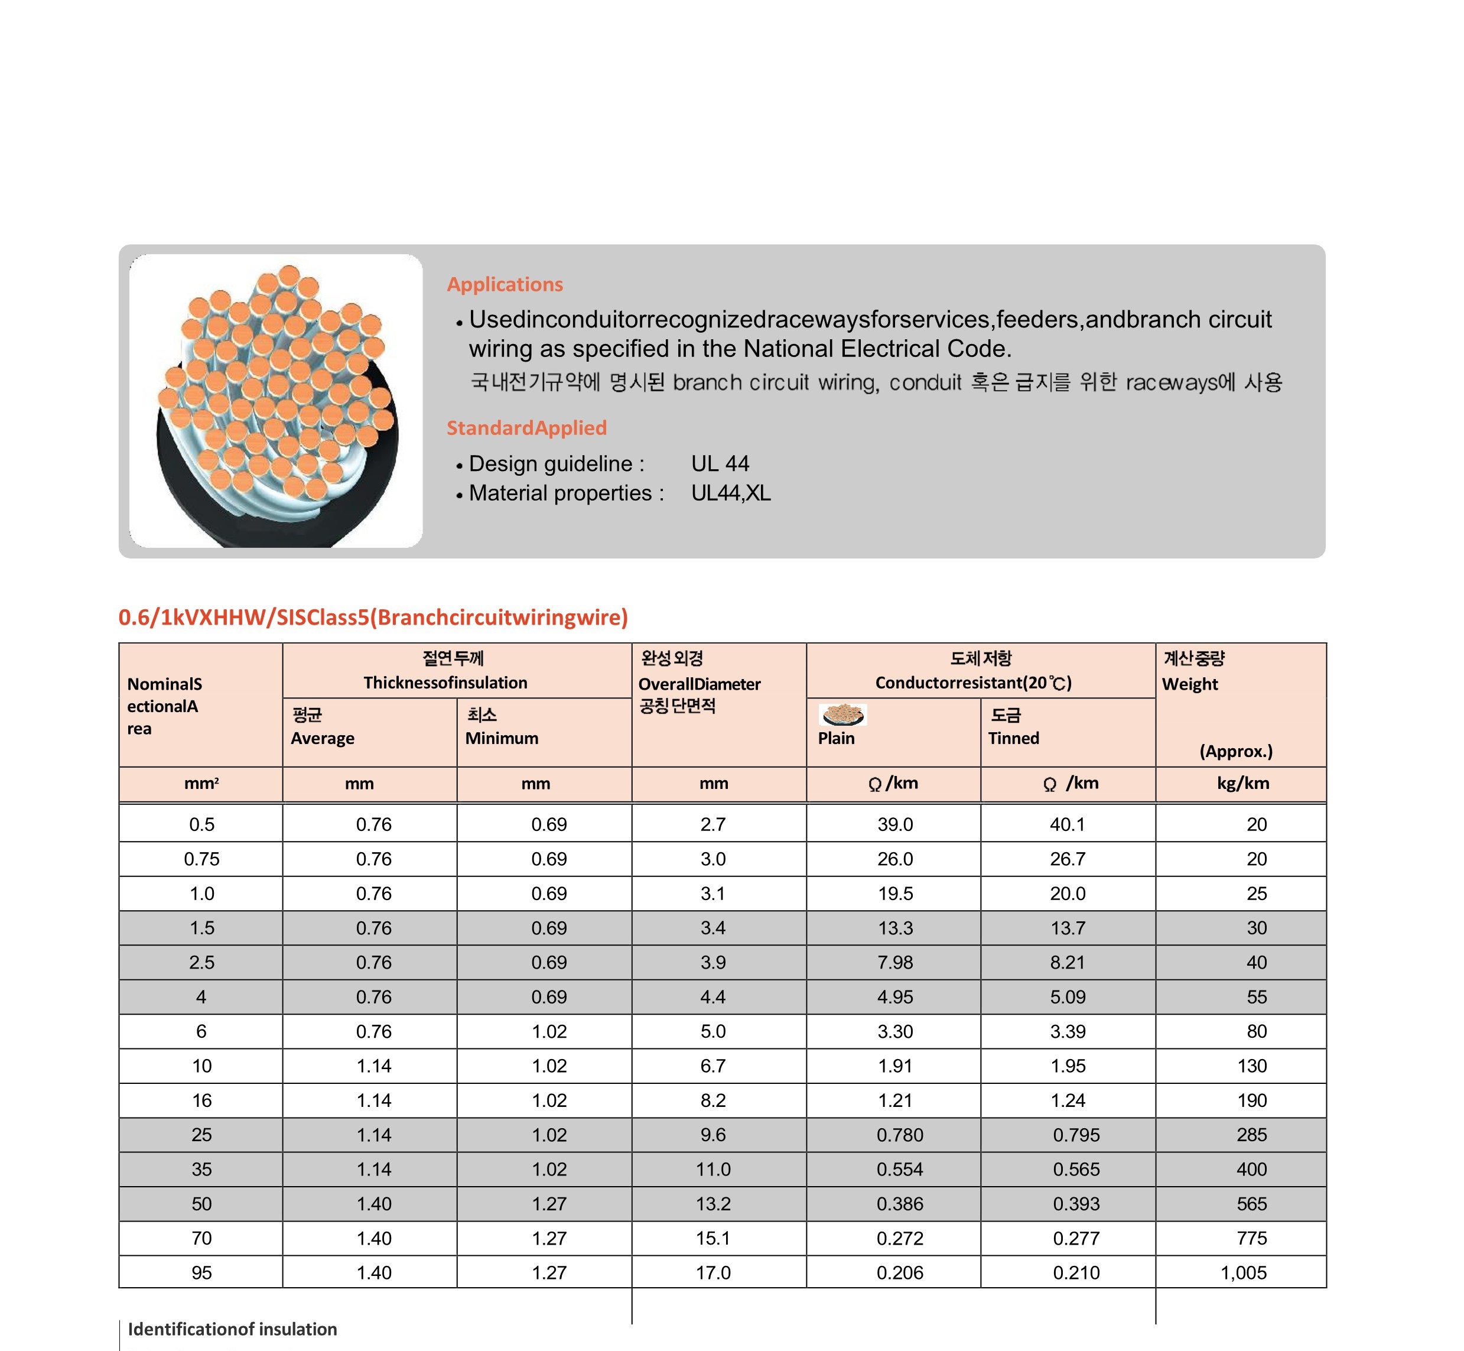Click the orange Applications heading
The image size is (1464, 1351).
505,284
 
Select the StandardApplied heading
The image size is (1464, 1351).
526,428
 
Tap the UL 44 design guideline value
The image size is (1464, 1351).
720,463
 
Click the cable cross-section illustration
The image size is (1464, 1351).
276,401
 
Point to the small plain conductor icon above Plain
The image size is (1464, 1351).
842,715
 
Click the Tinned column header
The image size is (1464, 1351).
1013,738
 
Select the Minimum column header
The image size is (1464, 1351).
502,738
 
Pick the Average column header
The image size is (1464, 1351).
323,738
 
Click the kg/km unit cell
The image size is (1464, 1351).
1242,783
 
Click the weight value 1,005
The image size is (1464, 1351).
1242,1273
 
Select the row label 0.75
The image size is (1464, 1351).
201,859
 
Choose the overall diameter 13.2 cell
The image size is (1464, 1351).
713,1203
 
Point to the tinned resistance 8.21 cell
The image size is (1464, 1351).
1067,962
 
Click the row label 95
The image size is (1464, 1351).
201,1273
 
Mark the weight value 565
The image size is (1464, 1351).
1251,1203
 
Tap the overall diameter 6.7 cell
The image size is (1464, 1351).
713,1066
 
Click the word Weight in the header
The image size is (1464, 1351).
1190,684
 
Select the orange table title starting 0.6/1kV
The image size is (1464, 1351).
373,617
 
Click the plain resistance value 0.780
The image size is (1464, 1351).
900,1135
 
